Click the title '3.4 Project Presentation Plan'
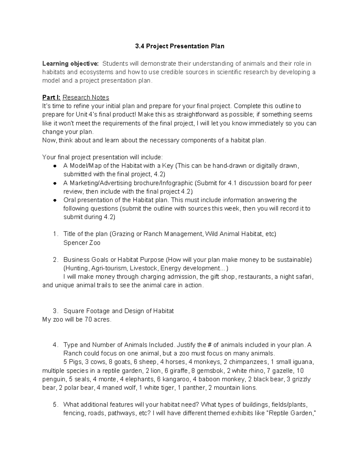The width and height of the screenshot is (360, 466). [179, 46]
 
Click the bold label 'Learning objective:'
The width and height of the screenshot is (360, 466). [70, 64]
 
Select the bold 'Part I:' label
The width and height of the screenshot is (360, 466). [51, 98]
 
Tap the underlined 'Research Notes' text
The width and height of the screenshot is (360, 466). [86, 98]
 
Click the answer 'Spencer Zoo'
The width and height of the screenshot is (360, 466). [82, 243]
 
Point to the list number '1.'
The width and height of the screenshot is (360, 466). [54, 234]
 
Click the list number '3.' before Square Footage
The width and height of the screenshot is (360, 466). [55, 311]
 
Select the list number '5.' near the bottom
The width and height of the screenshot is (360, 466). [55, 404]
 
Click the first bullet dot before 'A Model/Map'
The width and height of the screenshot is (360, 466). [55, 166]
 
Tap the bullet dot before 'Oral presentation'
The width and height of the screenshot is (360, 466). [55, 200]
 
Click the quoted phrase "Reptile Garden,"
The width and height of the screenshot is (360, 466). [291, 413]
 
